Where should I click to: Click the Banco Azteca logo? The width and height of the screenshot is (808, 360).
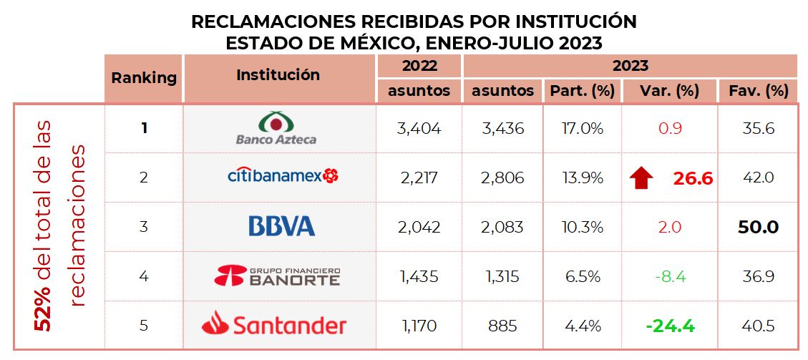coord(276,128)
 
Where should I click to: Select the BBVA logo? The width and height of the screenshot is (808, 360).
coord(281,227)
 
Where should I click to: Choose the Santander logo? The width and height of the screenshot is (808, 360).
coord(274,326)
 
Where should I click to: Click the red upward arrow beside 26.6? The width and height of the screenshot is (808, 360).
coord(642,177)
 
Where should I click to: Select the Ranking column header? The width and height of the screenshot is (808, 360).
coord(144,78)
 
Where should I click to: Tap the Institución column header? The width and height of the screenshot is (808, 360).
coord(278,74)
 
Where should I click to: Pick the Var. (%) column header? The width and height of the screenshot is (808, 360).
coord(669,91)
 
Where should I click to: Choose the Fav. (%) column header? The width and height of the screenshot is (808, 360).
coord(758,91)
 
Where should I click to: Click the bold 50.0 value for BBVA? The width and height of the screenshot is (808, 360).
coord(758,228)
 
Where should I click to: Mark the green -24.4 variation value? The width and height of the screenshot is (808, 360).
coord(670,326)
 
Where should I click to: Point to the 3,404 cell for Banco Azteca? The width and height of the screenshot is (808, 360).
coord(419,129)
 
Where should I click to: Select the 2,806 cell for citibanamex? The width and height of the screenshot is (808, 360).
coord(502,177)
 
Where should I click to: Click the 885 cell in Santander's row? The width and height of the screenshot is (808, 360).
coord(502,326)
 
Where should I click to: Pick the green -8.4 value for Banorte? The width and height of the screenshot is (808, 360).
coord(670,276)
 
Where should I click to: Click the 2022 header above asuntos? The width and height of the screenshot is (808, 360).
coord(419,66)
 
